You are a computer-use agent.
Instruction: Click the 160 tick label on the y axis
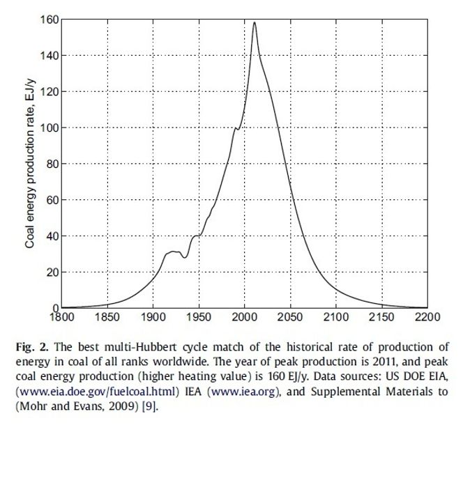click(x=49, y=20)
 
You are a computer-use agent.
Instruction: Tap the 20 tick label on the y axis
click(x=52, y=272)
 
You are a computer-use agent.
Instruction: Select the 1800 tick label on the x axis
click(x=61, y=317)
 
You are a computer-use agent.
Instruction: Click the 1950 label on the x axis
click(x=199, y=317)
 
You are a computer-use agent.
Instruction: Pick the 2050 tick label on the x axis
click(x=290, y=317)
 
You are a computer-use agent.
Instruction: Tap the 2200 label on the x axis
click(x=427, y=317)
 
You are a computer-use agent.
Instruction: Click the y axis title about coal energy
click(x=30, y=164)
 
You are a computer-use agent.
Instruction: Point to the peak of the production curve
click(x=255, y=22)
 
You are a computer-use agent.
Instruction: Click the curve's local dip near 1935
click(x=185, y=258)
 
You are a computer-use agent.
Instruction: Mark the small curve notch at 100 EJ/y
click(x=236, y=128)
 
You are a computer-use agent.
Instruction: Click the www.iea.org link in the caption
click(x=243, y=392)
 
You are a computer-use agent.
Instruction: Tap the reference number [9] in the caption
click(x=149, y=406)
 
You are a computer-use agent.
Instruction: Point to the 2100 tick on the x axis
click(x=336, y=308)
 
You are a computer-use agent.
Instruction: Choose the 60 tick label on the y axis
click(x=52, y=200)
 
